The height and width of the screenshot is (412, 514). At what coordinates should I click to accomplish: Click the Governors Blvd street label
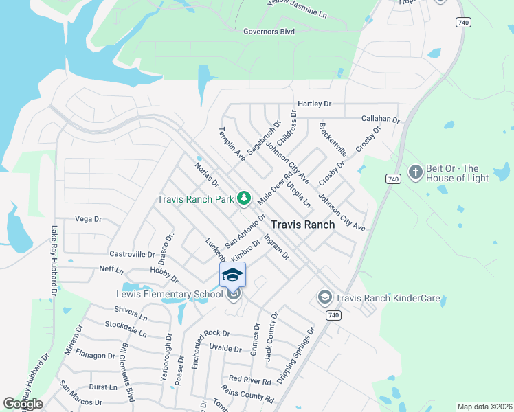click(269, 31)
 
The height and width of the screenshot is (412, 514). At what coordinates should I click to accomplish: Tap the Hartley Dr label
click(314, 104)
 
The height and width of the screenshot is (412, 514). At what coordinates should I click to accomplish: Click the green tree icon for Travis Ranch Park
click(243, 198)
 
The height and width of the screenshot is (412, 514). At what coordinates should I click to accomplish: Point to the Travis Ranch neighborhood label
click(302, 225)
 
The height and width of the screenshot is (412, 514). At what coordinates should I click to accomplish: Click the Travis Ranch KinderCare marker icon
click(324, 297)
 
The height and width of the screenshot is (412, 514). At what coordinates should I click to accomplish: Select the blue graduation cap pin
click(232, 275)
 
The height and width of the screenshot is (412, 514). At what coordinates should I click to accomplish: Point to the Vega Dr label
click(88, 219)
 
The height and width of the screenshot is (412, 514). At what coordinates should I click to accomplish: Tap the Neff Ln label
click(111, 268)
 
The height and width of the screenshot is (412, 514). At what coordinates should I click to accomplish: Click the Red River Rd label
click(250, 379)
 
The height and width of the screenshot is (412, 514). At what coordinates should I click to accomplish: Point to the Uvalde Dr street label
click(225, 350)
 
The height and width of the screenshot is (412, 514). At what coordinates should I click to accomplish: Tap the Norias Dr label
click(206, 174)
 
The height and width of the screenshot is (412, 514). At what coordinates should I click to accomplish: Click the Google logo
click(23, 404)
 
